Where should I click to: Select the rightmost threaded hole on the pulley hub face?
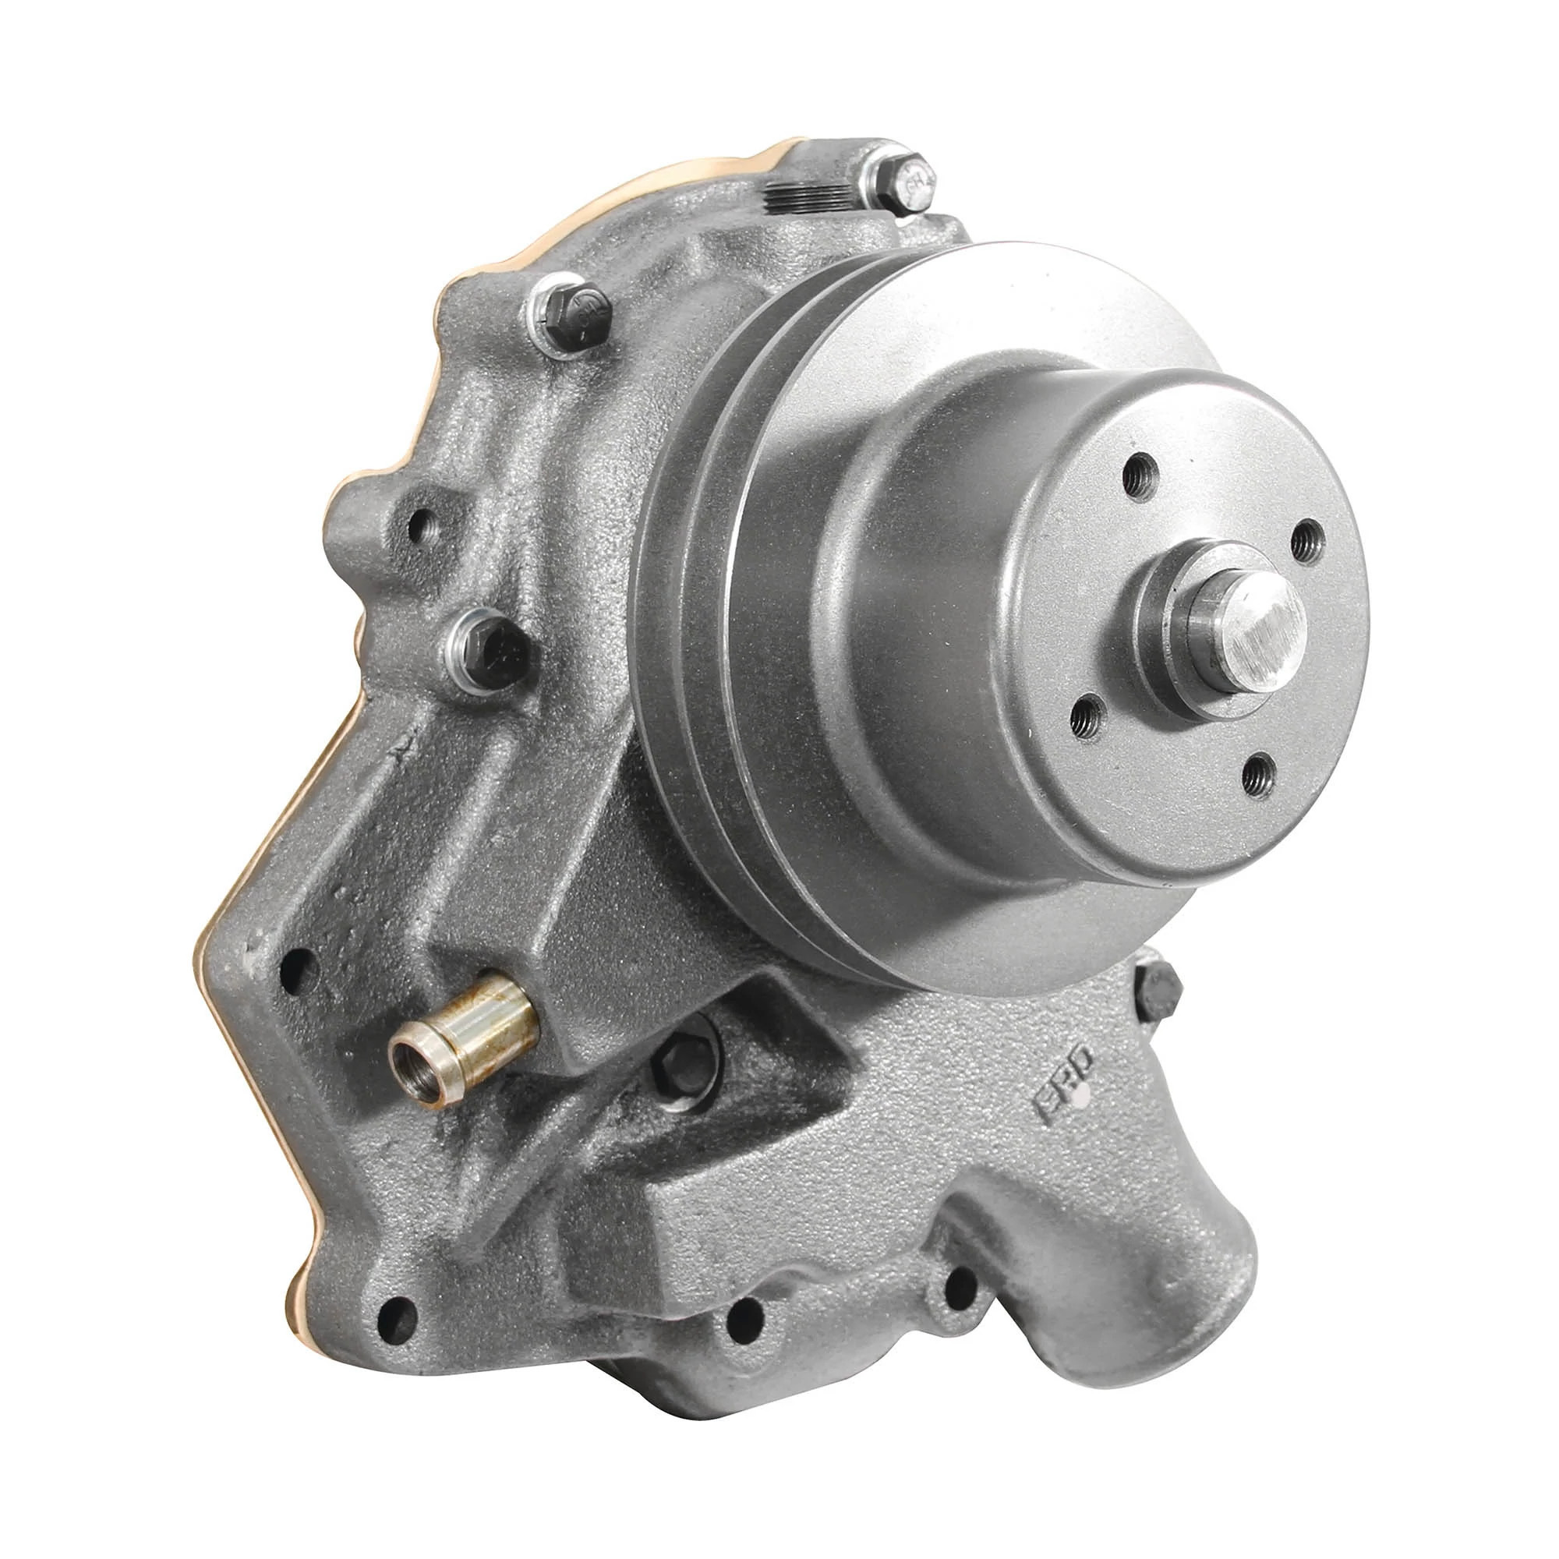click(1306, 540)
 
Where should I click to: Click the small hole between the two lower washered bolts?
click(419, 529)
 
